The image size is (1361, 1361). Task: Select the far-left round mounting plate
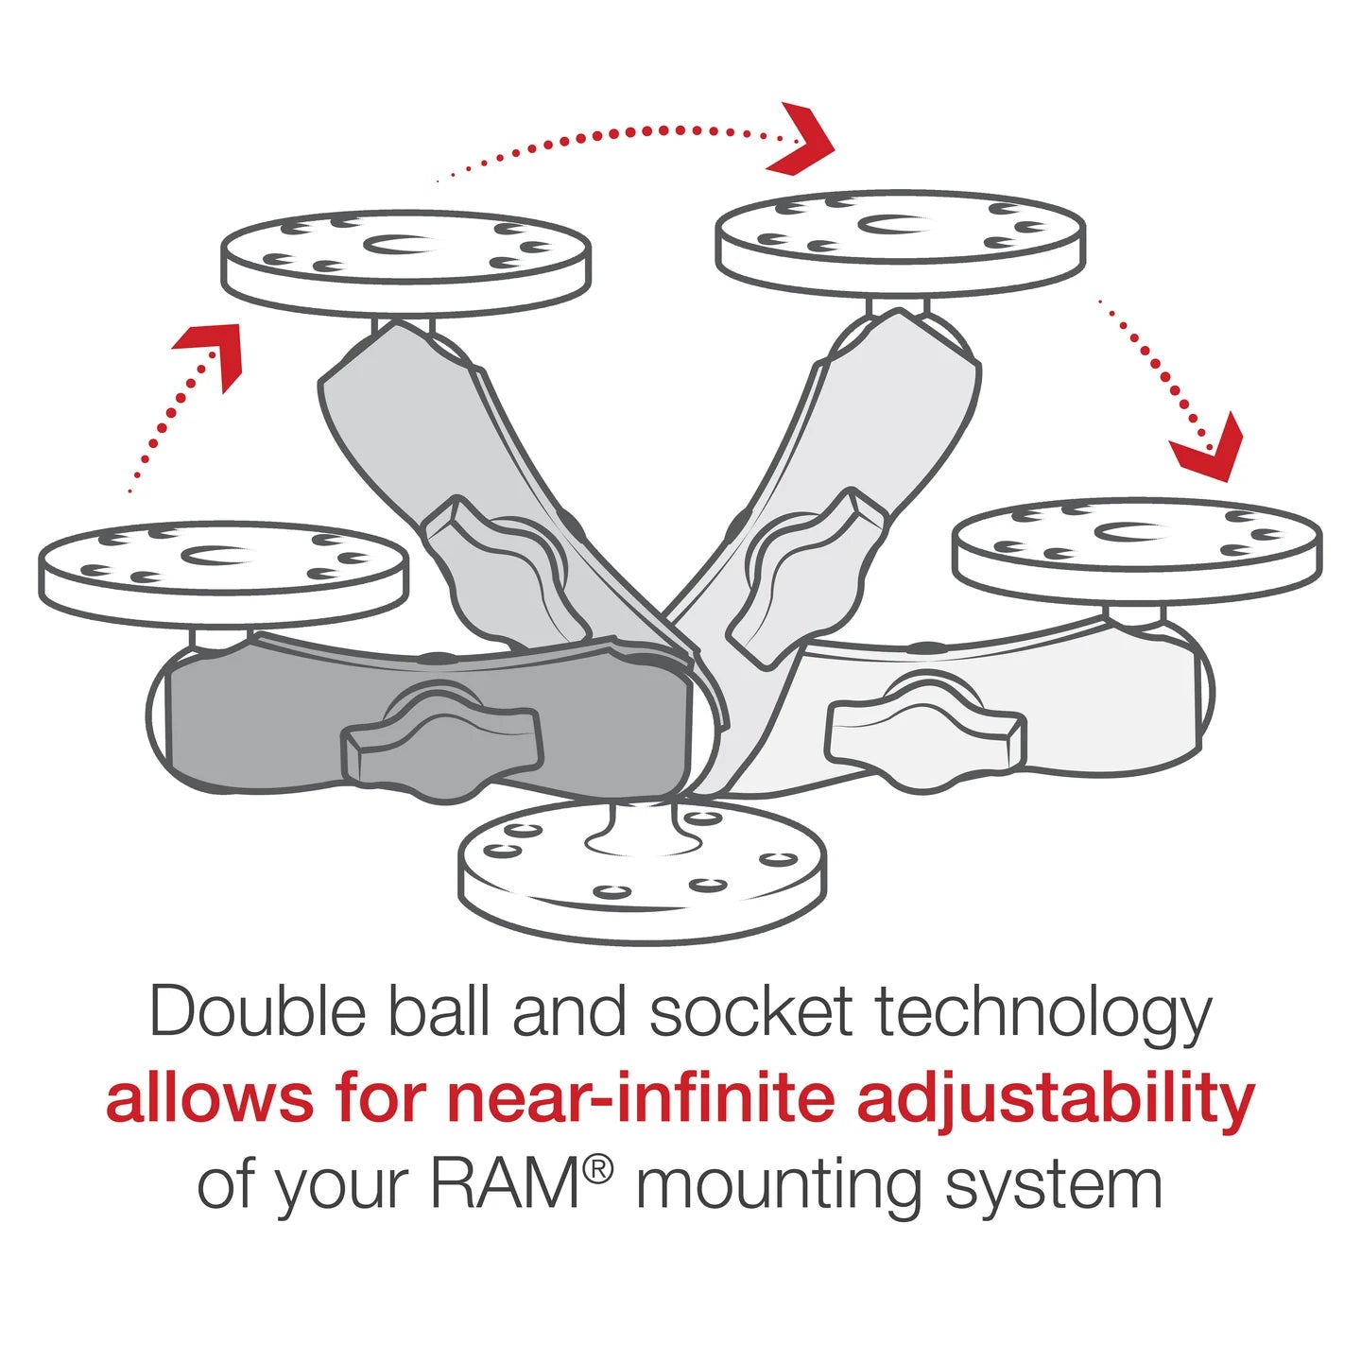coord(223,572)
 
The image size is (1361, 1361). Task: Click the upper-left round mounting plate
coord(406,262)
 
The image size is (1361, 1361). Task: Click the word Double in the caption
coord(258,1012)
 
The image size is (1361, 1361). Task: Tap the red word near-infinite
coord(641,1098)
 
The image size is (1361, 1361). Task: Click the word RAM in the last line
coord(506,1184)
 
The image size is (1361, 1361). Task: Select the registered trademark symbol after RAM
coord(597,1170)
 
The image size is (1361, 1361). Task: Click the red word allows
coord(210,1098)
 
